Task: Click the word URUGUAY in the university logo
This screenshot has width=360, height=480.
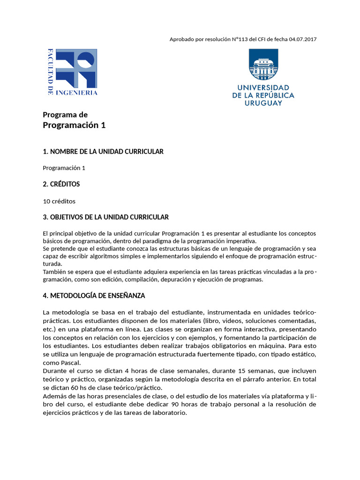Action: click(263, 103)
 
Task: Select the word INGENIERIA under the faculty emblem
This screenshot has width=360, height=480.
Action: click(76, 93)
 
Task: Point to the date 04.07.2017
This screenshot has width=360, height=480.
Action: click(303, 39)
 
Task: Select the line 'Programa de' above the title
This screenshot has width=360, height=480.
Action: click(65, 114)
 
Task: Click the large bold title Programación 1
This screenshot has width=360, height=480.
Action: click(74, 125)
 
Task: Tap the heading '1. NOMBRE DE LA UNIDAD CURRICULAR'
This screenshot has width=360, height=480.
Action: click(103, 151)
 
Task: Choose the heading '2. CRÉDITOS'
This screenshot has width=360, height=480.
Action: click(61, 184)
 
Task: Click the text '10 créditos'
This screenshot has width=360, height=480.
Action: click(59, 201)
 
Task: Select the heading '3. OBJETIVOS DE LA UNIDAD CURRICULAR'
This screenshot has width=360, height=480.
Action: click(105, 217)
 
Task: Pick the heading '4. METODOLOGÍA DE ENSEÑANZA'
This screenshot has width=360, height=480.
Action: click(94, 296)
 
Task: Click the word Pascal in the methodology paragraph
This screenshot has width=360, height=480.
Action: click(70, 362)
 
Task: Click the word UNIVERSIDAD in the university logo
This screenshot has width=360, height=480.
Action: click(263, 88)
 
